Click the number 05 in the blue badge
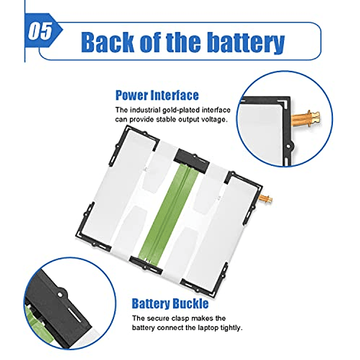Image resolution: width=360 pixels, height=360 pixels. [x=40, y=31]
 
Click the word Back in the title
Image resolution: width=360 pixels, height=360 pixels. [x=107, y=42]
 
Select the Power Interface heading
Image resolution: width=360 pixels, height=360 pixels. [x=157, y=95]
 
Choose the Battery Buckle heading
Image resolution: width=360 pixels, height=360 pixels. [x=170, y=303]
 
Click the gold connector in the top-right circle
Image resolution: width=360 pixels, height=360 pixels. [x=305, y=118]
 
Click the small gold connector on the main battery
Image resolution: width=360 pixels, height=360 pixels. [x=266, y=198]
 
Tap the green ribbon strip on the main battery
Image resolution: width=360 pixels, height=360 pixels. [x=169, y=211]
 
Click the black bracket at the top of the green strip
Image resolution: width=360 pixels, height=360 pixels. [x=191, y=161]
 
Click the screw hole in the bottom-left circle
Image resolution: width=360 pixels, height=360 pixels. [x=60, y=294]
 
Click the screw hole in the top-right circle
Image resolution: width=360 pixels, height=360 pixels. [x=289, y=146]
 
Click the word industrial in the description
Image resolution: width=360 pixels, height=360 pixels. [x=145, y=110]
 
